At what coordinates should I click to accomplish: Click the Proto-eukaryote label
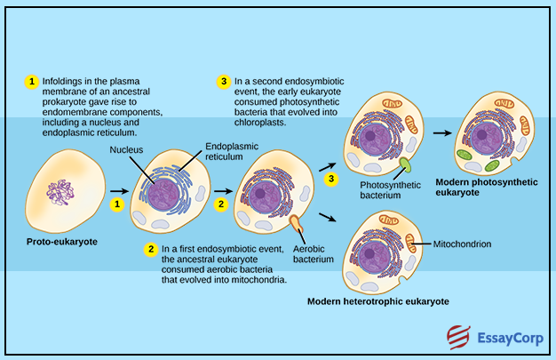62,241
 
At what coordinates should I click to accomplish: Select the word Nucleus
126,149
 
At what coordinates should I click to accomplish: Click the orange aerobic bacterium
296,221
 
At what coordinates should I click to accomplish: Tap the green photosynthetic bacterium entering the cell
405,165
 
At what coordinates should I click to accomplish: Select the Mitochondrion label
462,242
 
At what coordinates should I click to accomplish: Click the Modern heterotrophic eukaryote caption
377,301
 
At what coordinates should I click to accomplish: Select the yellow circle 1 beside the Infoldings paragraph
33,82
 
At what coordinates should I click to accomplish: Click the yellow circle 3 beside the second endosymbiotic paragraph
223,82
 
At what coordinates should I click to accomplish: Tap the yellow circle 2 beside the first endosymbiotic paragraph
152,249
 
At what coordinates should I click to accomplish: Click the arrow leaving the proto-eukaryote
117,190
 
